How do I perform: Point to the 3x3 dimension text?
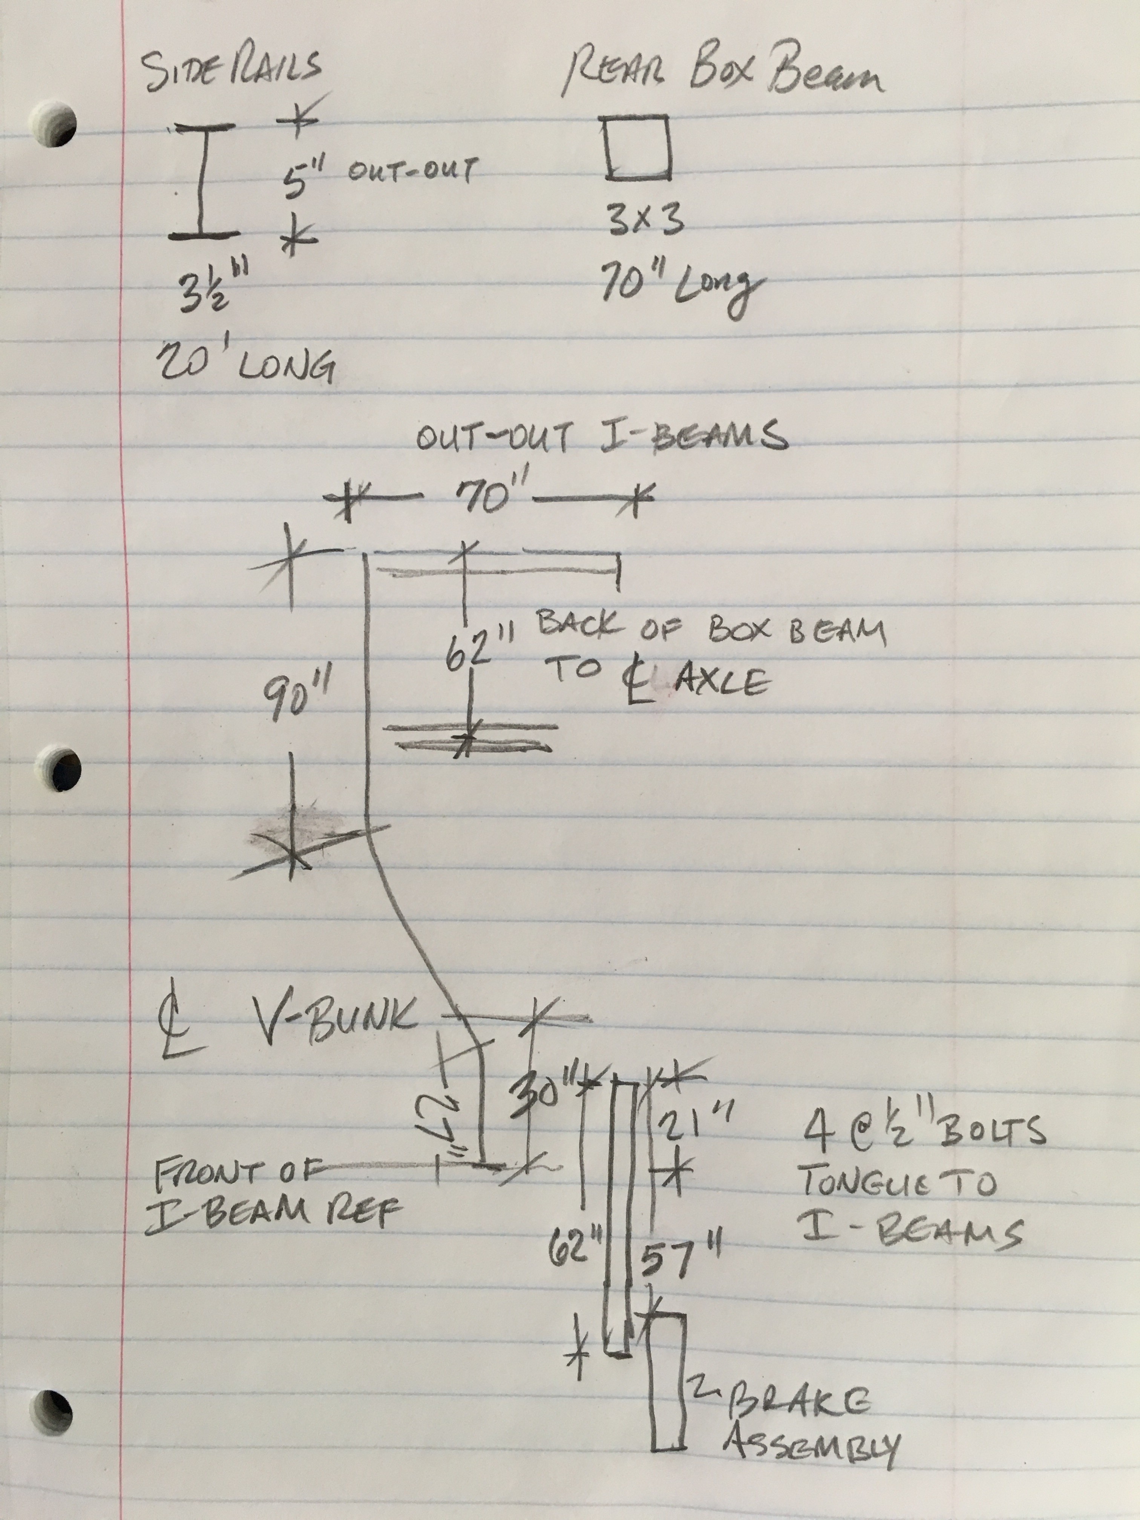pos(645,220)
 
